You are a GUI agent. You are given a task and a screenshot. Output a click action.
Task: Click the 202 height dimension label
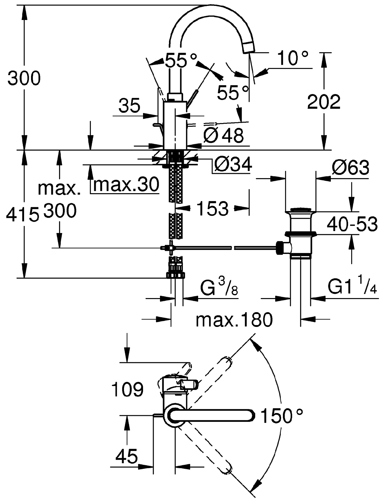[x=324, y=102]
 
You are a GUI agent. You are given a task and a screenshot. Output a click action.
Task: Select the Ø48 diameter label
[x=223, y=136]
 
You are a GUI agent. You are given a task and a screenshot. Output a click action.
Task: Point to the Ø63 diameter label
[x=350, y=168]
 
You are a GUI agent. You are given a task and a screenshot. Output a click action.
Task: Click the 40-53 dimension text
[x=352, y=224]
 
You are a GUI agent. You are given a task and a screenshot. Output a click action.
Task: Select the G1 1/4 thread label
[x=352, y=287]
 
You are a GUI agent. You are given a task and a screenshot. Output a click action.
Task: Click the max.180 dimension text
[x=234, y=320]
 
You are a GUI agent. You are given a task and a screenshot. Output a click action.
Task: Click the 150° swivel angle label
[x=282, y=416]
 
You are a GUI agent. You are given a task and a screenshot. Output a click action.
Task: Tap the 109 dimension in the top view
[x=128, y=390]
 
